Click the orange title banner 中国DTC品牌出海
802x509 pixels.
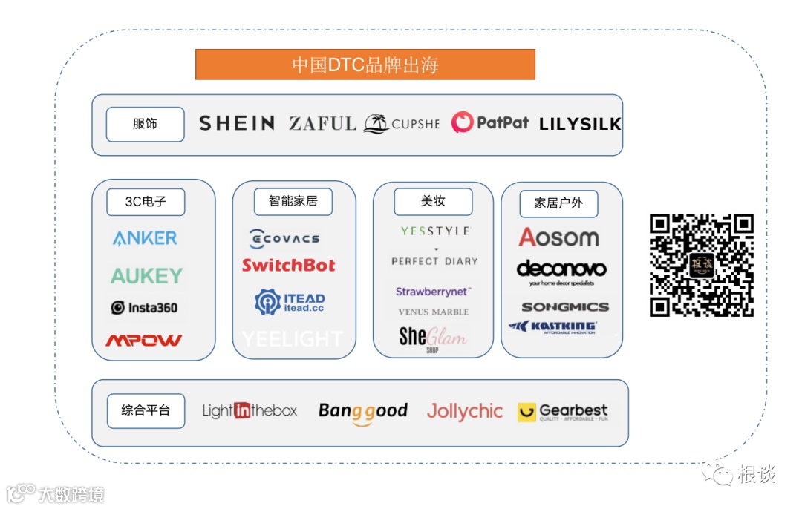[x=365, y=65]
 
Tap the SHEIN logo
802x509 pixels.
[x=237, y=123]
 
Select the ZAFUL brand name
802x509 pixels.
[x=323, y=124]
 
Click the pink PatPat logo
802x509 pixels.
[x=490, y=122]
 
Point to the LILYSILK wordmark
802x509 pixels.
[x=579, y=124]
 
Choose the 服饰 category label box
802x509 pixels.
[x=145, y=124]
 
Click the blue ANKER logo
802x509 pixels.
[x=145, y=238]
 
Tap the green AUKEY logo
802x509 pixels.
[x=146, y=276]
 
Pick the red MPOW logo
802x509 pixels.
[x=143, y=341]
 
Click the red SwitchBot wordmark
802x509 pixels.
[x=288, y=266]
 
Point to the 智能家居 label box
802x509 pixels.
[x=293, y=201]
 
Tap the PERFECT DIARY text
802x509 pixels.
[x=434, y=261]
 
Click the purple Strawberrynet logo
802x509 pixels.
[x=433, y=292]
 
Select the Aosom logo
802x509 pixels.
[x=558, y=237]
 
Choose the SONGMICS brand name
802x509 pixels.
[x=564, y=306]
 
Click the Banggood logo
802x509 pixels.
[x=363, y=412]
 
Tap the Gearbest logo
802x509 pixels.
[x=563, y=412]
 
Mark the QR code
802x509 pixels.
[x=702, y=265]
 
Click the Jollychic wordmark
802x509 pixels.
[x=464, y=412]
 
